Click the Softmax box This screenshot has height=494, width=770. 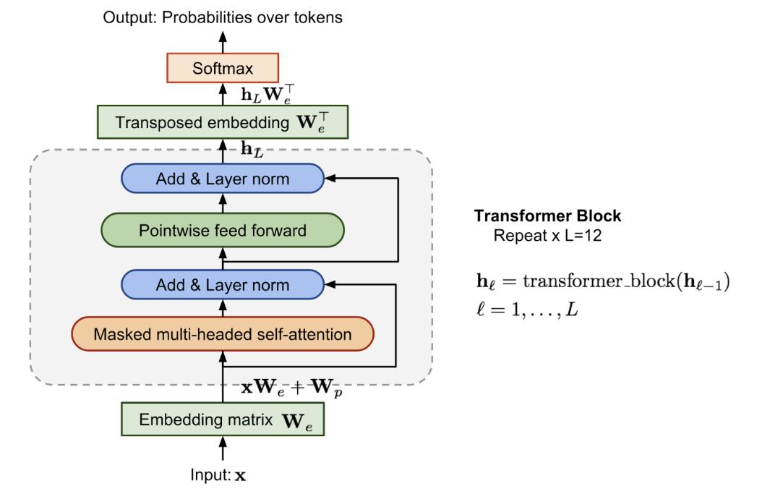(223, 69)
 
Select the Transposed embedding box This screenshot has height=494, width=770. (223, 122)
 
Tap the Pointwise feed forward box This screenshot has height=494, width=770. (222, 231)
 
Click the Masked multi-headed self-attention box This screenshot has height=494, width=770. (222, 334)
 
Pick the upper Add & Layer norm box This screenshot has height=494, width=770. (222, 178)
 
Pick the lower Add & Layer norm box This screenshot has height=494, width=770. (222, 285)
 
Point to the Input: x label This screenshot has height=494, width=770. (222, 476)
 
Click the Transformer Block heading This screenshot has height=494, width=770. (547, 216)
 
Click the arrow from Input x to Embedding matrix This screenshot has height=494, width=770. (223, 451)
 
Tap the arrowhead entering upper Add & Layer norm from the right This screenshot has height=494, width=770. (331, 177)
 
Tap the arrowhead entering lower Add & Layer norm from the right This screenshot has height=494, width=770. (331, 284)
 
